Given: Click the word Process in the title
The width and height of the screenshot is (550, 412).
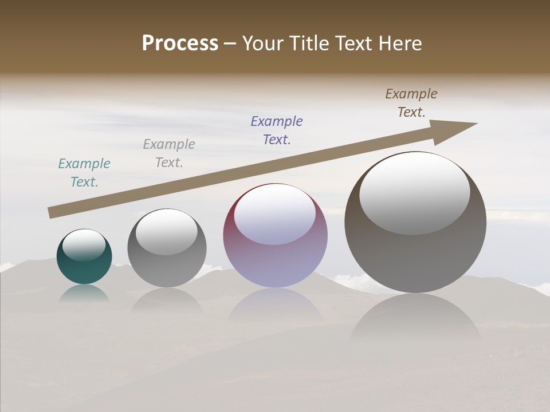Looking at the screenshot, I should click(x=180, y=43).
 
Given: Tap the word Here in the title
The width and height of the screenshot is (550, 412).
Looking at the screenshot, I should click(x=400, y=43).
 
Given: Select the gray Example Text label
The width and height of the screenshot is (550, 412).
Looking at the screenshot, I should click(x=169, y=153).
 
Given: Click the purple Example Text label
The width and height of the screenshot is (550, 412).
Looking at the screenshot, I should click(x=277, y=130).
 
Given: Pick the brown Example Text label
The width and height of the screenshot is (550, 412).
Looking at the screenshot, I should click(x=411, y=103).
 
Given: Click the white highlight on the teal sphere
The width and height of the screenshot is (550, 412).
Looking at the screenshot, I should click(x=84, y=244).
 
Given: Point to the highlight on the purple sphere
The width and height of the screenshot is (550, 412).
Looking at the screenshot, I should click(x=275, y=214).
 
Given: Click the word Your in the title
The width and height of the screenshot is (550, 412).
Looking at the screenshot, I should click(x=262, y=43).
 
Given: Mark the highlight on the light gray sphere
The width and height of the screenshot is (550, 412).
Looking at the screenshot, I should click(x=167, y=232).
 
